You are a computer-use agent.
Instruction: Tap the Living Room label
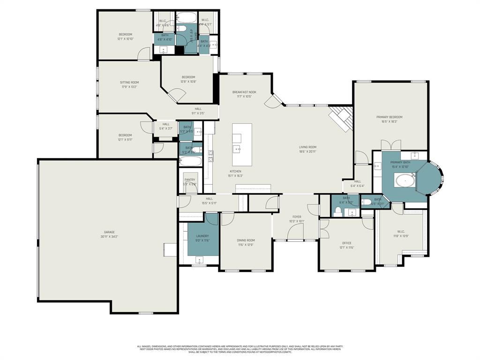[x=308, y=147]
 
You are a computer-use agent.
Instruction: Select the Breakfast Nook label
[x=244, y=92]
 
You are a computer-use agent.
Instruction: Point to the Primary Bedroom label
[x=389, y=117]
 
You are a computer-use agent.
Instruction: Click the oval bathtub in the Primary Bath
[x=405, y=180]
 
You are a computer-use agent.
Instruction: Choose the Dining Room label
[x=246, y=240]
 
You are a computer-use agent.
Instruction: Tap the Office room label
[x=346, y=243]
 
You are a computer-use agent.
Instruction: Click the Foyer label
[x=297, y=217]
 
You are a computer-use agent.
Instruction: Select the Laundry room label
[x=202, y=236]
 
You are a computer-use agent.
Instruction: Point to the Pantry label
[x=190, y=180]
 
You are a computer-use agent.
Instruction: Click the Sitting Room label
[x=129, y=82]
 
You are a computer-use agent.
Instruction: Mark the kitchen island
[x=242, y=139]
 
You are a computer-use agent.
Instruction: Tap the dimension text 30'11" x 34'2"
[x=109, y=237]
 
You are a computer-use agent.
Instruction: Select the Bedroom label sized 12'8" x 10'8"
[x=188, y=77]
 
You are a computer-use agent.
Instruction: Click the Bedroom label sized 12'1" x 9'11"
[x=125, y=135]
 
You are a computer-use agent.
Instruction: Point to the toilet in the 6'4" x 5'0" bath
[x=338, y=211]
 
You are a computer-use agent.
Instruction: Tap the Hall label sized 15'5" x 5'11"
[x=209, y=199]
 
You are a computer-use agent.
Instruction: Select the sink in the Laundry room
[x=199, y=260]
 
